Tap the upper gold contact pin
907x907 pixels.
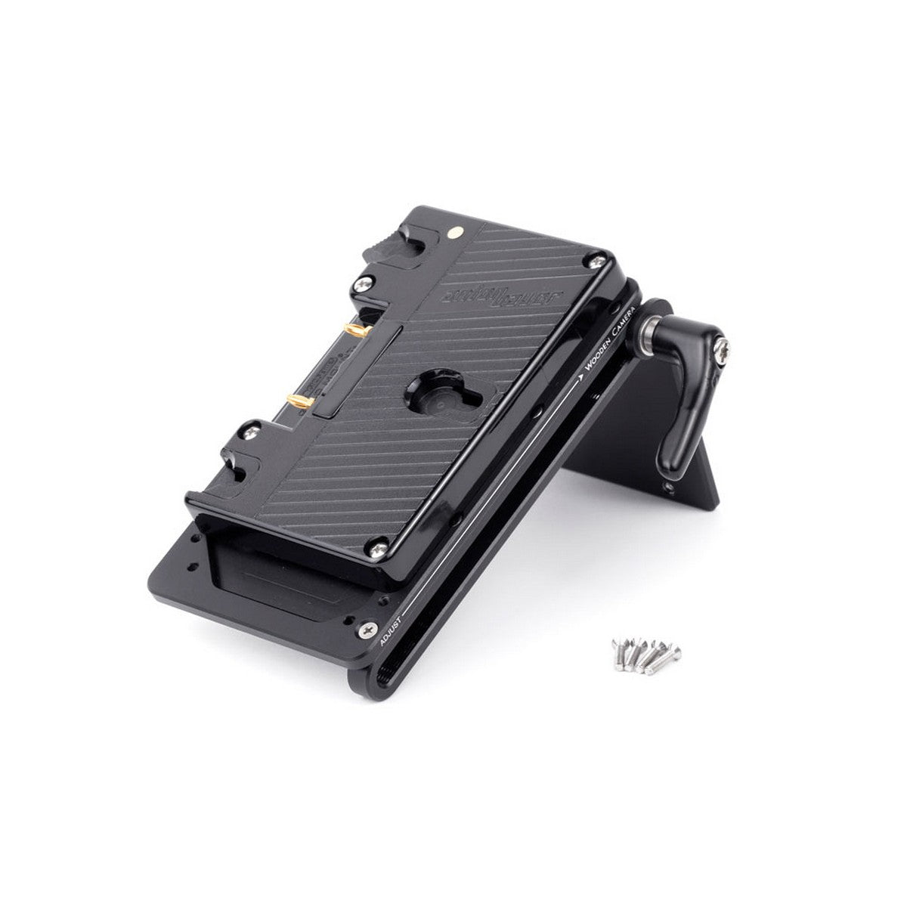point(354,330)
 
